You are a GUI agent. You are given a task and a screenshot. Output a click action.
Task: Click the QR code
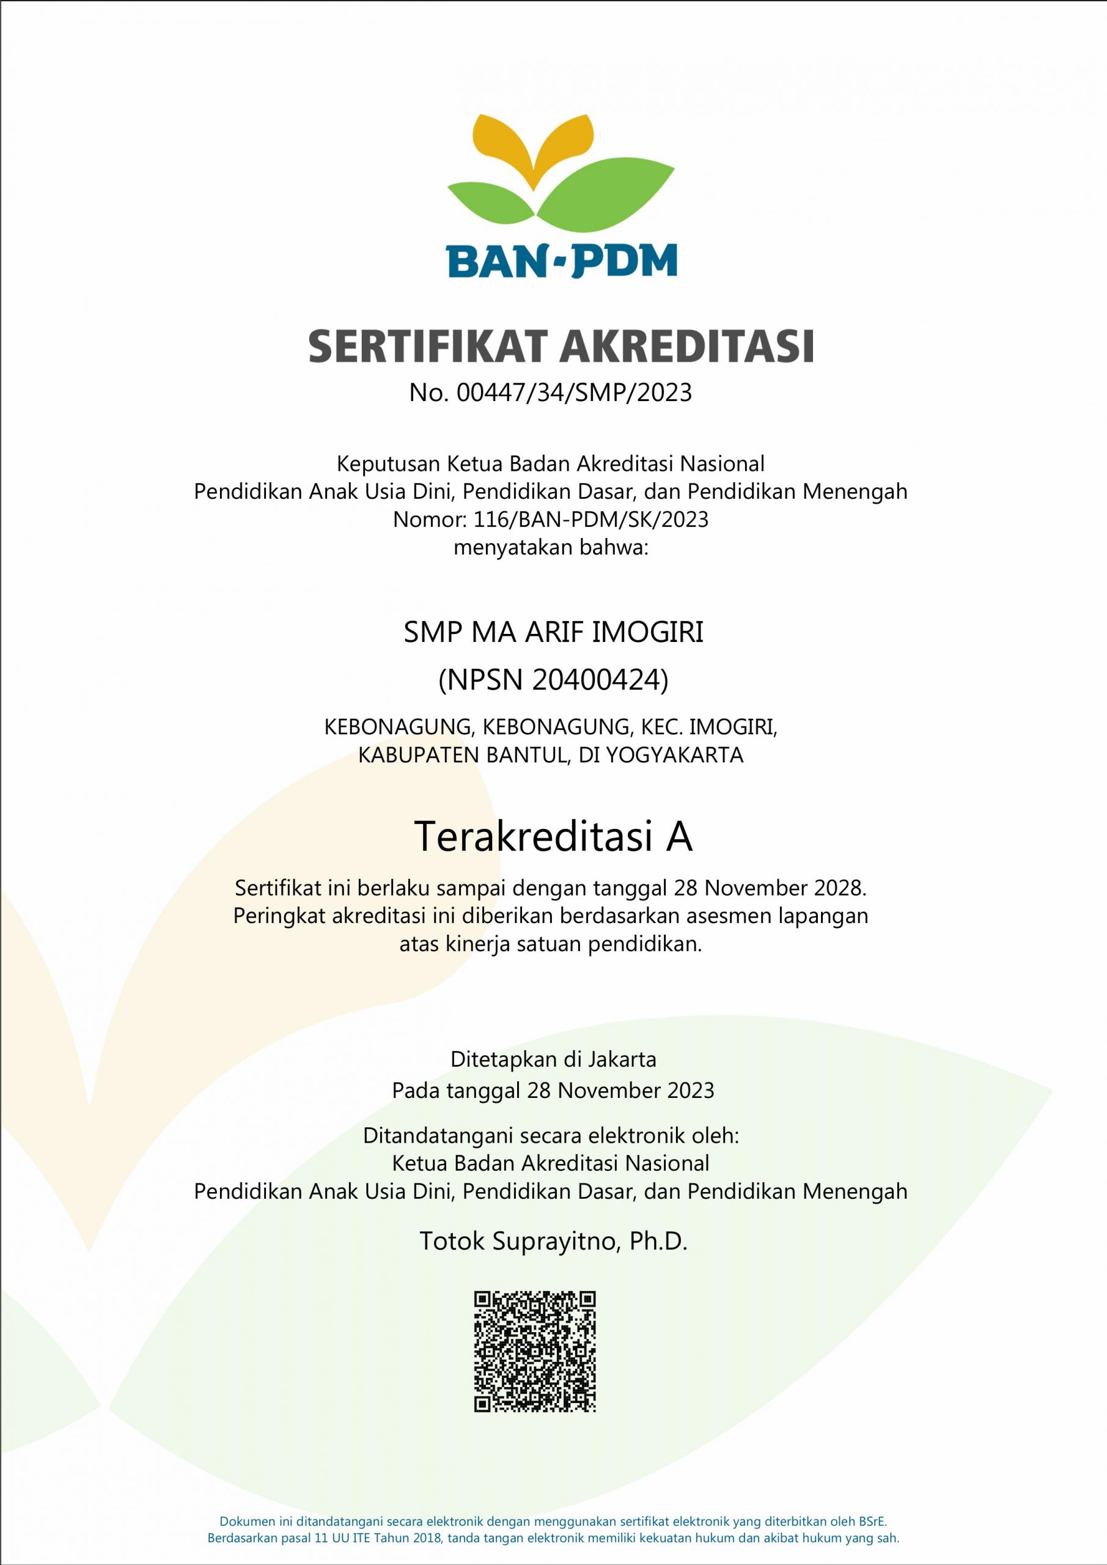pos(535,1347)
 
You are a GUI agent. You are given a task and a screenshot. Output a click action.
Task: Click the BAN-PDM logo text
pos(561,260)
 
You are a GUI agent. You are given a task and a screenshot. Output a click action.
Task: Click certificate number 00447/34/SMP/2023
pos(574,392)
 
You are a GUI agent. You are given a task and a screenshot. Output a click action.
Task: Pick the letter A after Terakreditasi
pos(679,837)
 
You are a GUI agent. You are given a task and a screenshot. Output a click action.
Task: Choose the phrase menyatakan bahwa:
pos(550,547)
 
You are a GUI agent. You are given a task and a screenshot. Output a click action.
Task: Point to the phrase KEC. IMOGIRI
pos(708,727)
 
